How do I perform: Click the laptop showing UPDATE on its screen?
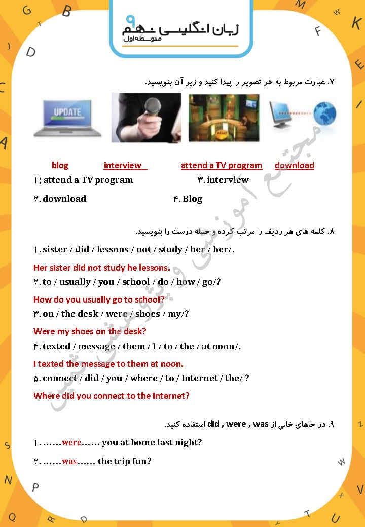[x=62, y=117]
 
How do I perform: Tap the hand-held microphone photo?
[x=146, y=118]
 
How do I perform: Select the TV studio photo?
[x=224, y=118]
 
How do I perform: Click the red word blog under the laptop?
[x=60, y=165]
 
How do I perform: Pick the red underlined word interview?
[x=123, y=165]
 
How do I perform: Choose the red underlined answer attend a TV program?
[x=222, y=165]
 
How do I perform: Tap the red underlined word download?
[x=294, y=165]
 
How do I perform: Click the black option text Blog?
[x=192, y=199]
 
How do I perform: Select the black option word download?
[x=64, y=199]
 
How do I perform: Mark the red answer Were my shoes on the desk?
[x=90, y=331]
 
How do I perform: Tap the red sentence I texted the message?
[x=108, y=364]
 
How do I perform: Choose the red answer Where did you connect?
[x=111, y=396]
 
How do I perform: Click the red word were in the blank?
[x=71, y=442]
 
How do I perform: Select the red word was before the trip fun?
[x=69, y=461]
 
